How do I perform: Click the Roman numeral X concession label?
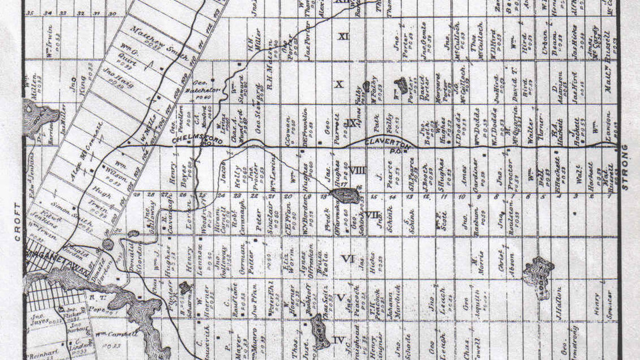coord(339,85)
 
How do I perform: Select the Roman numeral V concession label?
coord(341,297)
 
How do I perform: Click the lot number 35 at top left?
coord(29,13)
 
